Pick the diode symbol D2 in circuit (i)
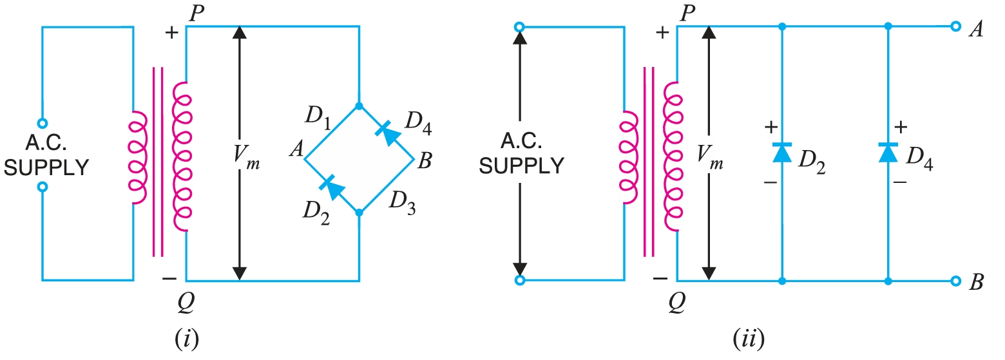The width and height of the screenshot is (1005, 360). tap(331, 185)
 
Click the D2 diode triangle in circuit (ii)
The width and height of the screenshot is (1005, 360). tap(781, 153)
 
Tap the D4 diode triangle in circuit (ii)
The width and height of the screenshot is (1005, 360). tap(888, 153)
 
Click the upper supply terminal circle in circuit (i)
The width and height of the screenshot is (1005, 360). tap(43, 122)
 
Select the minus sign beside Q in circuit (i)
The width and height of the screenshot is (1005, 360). tap(169, 279)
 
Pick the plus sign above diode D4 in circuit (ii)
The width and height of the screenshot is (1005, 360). tap(901, 126)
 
